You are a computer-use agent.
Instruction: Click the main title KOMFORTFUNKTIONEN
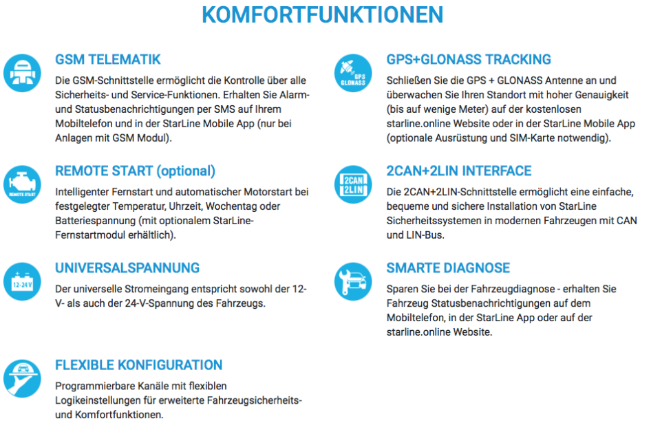(x=322, y=15)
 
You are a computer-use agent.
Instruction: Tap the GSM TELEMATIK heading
(x=108, y=60)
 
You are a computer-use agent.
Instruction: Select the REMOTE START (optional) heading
(x=135, y=171)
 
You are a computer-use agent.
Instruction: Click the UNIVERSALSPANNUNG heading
(x=127, y=268)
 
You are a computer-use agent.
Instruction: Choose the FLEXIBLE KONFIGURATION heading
(x=139, y=365)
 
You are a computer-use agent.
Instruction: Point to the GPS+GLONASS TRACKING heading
(x=469, y=60)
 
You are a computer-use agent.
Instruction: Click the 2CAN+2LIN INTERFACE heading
(x=459, y=171)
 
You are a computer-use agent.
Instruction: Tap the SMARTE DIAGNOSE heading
(x=448, y=268)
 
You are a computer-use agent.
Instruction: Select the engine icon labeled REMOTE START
(x=22, y=184)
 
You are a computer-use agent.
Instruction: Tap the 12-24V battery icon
(x=22, y=281)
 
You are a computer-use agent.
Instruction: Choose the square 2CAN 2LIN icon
(x=353, y=184)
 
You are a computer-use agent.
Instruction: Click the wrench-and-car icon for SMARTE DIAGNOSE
(x=353, y=281)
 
